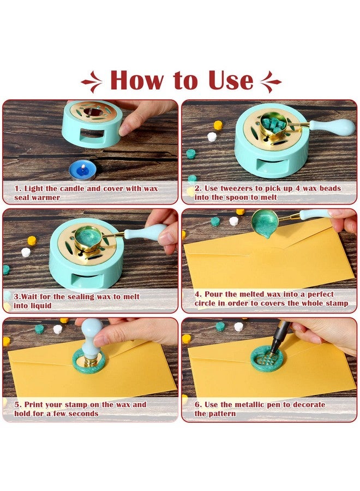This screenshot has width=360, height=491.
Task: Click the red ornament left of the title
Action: pos(92,82)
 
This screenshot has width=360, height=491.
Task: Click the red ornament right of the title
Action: pos(271,82)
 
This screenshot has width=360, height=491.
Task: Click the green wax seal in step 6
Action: pos(267,358)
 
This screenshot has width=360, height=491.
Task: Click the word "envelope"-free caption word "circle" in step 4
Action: pos(207,303)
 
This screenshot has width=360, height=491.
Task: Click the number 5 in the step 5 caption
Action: pos(17,405)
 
